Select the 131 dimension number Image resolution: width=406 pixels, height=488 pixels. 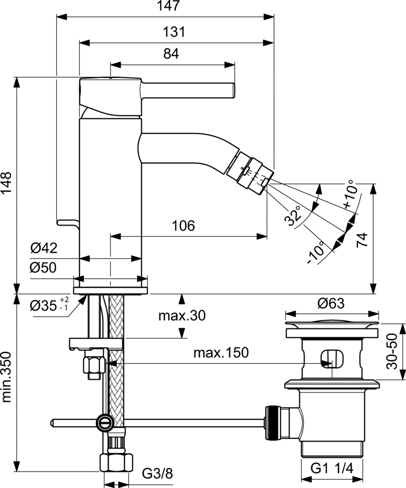click(175, 32)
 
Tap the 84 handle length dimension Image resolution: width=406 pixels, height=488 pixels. click(171, 54)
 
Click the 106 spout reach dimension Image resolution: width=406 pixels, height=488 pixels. click(184, 225)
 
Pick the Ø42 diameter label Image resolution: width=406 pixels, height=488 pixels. click(44, 248)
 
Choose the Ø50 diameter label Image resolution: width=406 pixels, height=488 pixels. click(44, 268)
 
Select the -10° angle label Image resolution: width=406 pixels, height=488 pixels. click(317, 253)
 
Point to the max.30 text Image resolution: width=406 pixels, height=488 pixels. click(183, 316)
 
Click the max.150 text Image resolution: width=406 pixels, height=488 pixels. click(221, 353)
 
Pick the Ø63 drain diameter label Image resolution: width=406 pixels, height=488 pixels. click(331, 303)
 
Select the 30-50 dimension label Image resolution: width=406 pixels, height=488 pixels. click(393, 351)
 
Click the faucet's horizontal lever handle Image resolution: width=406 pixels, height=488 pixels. click(188, 89)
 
